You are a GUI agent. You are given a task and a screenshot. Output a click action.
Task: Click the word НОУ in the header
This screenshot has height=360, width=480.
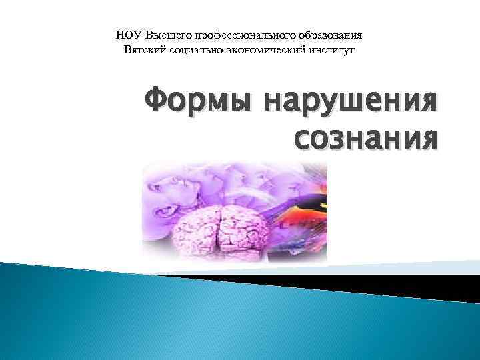click(128, 35)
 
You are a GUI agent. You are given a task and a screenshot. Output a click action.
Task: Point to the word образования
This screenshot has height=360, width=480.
click(329, 35)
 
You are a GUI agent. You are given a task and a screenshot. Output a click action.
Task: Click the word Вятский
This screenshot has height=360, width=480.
click(144, 50)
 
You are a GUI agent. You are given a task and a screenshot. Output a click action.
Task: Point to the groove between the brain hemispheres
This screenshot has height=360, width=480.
click(219, 223)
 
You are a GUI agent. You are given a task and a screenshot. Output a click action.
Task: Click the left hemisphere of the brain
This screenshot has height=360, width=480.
click(197, 227)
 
